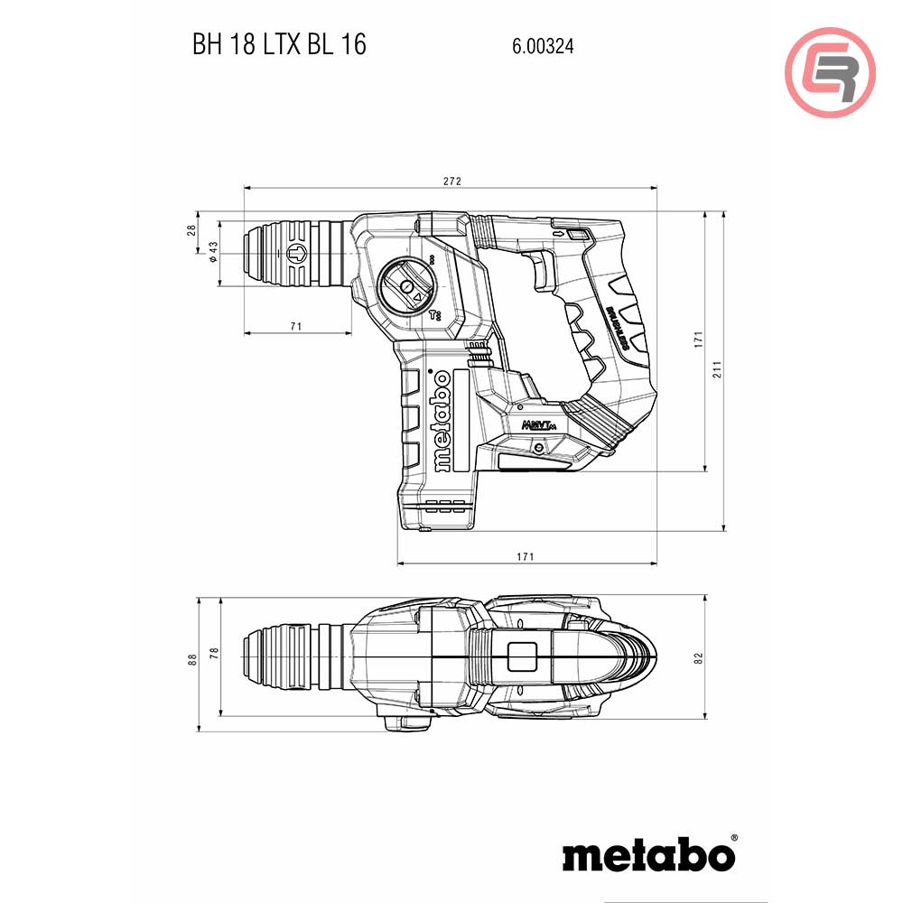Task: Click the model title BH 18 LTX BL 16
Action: [279, 45]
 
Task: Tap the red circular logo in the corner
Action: [830, 73]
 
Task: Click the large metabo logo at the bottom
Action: [646, 853]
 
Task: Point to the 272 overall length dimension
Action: [452, 182]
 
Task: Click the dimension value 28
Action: [191, 230]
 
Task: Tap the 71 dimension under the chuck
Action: [296, 326]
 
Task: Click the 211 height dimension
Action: [717, 370]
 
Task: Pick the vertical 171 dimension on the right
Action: [697, 340]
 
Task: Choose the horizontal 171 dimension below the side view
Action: [526, 556]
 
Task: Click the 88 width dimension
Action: [191, 658]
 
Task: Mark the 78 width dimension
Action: [213, 653]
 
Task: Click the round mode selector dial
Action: [406, 286]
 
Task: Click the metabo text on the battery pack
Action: [440, 422]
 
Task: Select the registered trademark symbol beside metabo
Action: [732, 839]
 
